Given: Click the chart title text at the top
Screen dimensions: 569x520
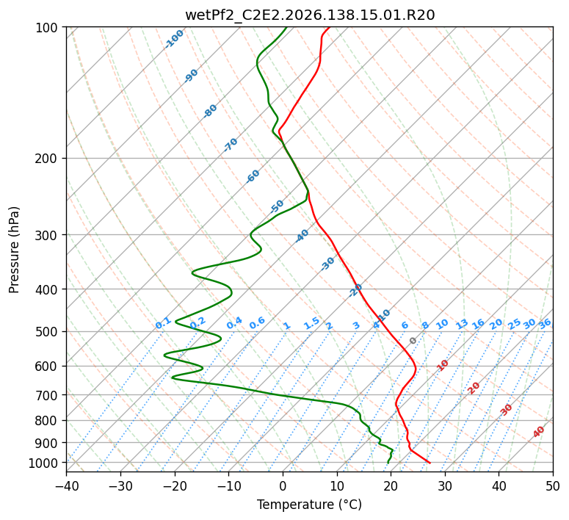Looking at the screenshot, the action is [x=310, y=15].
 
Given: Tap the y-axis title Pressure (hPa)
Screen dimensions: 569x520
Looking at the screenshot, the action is [x=14, y=250].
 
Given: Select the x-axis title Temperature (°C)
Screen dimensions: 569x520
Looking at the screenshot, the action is [x=310, y=505].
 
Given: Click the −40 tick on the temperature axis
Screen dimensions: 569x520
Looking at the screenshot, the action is [x=66, y=485].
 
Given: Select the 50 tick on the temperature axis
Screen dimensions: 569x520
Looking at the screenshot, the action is [x=553, y=485].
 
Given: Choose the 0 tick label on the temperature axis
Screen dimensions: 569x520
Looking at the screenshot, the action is [x=283, y=485].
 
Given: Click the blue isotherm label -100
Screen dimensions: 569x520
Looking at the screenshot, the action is [x=174, y=39].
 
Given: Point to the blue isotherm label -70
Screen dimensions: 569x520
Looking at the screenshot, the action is [x=231, y=144].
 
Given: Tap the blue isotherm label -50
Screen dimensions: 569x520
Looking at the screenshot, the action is [x=277, y=206].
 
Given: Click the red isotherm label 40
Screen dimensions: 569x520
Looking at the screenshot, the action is [x=539, y=432].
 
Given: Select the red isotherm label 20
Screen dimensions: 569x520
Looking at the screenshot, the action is [x=474, y=389].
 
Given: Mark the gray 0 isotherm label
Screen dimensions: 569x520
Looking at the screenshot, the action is [x=413, y=341].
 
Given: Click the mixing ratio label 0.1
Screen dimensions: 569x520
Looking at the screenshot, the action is [x=163, y=323].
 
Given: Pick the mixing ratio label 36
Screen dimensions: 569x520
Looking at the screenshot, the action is [x=545, y=324].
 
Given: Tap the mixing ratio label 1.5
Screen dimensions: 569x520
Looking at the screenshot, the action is [x=312, y=323].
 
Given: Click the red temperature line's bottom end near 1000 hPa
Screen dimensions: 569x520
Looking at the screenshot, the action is [x=430, y=463].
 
